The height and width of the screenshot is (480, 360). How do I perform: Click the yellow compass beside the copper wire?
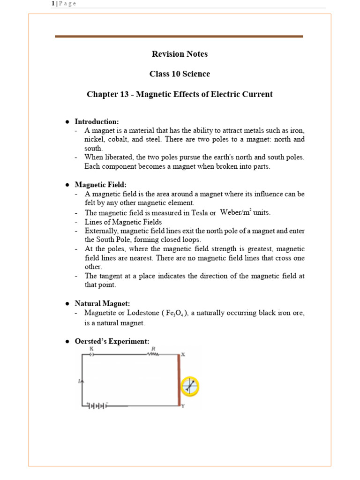click(x=190, y=386)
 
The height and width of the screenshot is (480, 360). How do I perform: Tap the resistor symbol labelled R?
click(x=153, y=354)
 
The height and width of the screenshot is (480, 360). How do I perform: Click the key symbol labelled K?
click(x=92, y=354)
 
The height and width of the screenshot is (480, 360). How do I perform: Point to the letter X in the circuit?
click(x=183, y=354)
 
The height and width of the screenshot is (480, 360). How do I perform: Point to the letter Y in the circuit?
click(x=183, y=406)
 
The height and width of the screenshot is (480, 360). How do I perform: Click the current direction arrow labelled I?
click(x=82, y=382)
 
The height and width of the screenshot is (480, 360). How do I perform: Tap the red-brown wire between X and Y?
click(x=179, y=380)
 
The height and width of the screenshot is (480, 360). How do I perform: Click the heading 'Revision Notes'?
click(x=180, y=54)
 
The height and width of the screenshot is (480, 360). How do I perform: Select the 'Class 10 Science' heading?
click(x=180, y=74)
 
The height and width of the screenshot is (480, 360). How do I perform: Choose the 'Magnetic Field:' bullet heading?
click(x=100, y=185)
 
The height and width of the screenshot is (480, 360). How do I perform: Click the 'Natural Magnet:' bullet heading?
click(x=103, y=304)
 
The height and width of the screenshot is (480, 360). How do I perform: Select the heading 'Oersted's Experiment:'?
click(x=112, y=341)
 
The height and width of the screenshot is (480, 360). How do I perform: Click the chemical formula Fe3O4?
click(x=176, y=313)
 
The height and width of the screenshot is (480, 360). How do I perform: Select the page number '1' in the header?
click(x=53, y=4)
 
